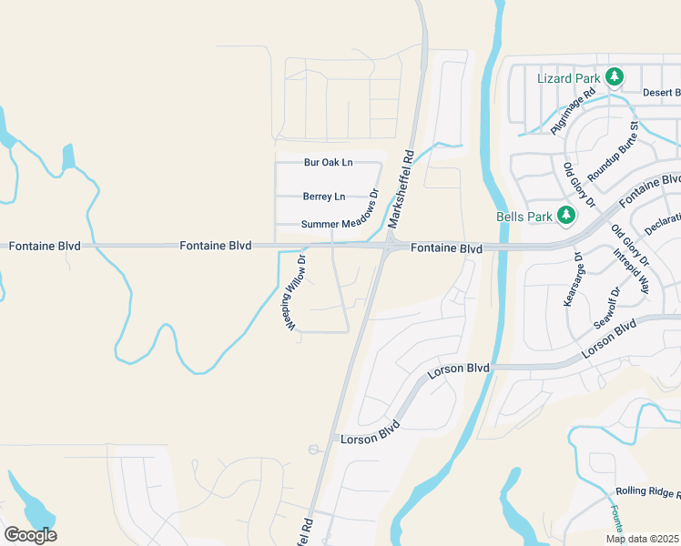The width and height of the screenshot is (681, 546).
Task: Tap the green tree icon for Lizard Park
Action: click(615, 77)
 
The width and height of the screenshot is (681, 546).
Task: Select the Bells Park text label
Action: click(523, 217)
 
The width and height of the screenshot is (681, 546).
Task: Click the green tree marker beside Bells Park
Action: click(567, 216)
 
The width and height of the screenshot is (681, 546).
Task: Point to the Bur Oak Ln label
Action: click(328, 163)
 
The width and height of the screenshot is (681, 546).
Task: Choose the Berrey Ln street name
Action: click(324, 197)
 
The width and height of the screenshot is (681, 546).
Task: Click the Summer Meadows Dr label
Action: click(339, 224)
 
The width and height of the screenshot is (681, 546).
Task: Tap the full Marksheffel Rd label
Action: click(401, 188)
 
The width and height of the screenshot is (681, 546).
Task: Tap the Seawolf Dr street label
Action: click(605, 308)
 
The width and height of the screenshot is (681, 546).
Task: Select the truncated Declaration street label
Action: click(662, 221)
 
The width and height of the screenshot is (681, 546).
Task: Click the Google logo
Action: click(30, 535)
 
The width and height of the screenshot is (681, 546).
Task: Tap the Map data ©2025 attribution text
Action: click(643, 539)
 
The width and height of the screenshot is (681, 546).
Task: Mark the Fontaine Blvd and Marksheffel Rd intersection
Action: click(389, 246)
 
